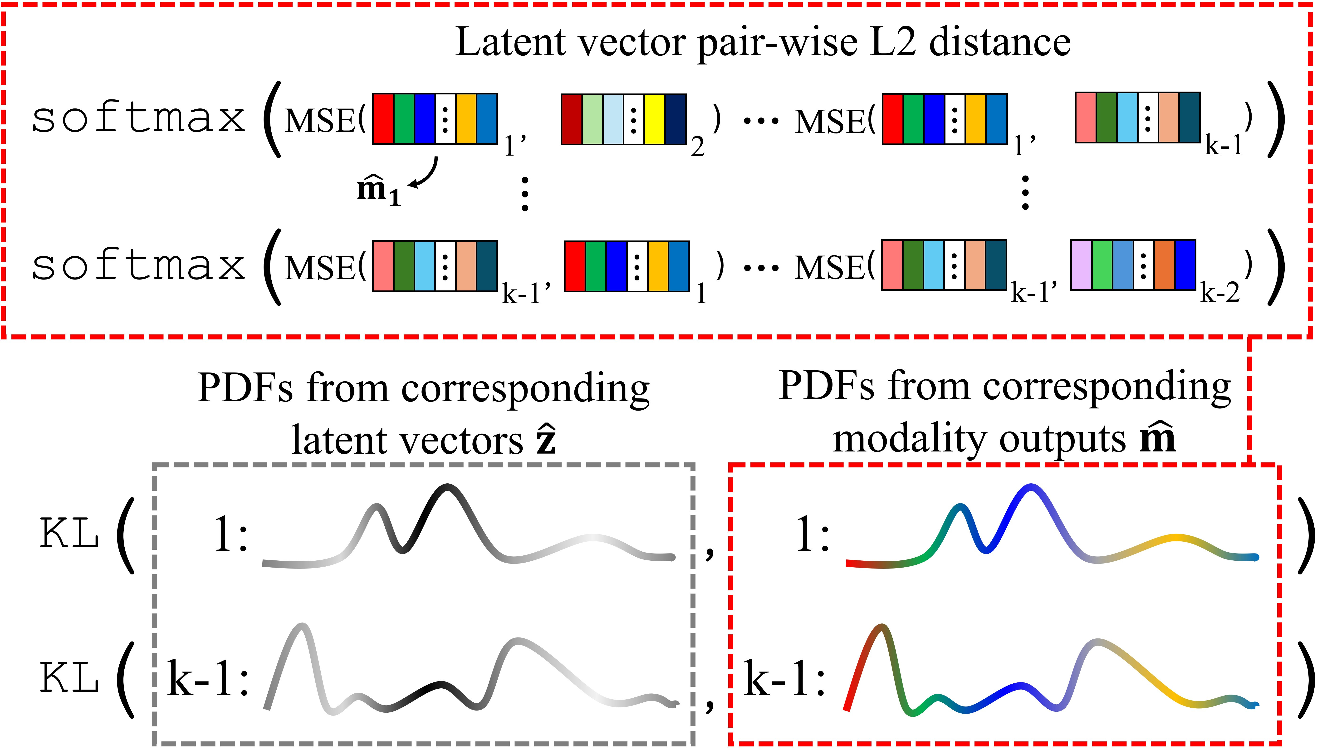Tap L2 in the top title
895,42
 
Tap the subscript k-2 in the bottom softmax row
1220,294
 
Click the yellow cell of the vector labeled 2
654,119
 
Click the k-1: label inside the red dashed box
785,679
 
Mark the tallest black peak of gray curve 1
447,487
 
